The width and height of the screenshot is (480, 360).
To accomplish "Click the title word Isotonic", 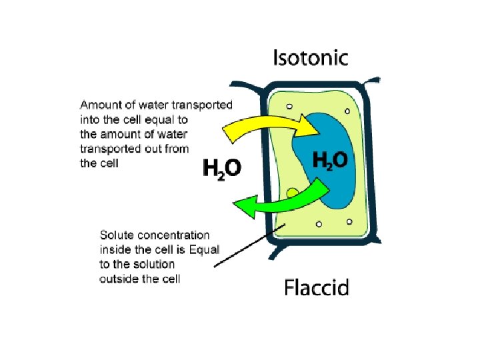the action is pos(310,58).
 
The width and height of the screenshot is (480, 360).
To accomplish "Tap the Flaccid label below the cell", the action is pos(317,288).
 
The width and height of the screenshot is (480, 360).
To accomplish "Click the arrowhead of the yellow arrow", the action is pos(311,124).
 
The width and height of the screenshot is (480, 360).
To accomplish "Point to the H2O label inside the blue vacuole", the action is pos(330,160).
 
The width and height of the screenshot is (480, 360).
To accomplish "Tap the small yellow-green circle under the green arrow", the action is pos(292,194).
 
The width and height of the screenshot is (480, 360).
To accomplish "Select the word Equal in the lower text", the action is pos(205,250).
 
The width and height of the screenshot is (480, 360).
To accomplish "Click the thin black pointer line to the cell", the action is pos(250,245).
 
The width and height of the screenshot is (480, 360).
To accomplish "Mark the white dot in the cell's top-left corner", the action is pos(289,106).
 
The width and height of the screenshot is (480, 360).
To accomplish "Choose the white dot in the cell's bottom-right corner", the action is pos(348,221).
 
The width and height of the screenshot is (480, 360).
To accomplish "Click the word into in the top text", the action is pos(89,120).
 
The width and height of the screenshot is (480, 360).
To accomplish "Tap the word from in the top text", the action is pos(177,149).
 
